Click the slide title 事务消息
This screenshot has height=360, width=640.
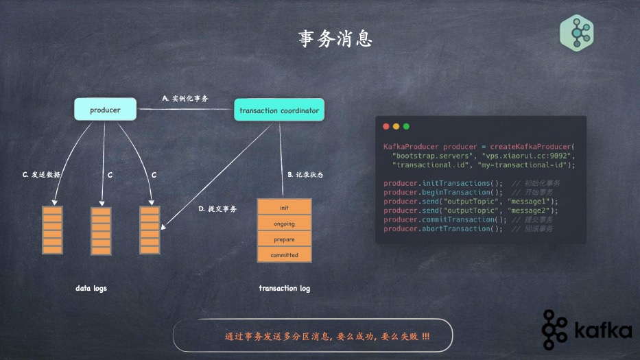coord(335,39)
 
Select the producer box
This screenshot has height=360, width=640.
coord(105,110)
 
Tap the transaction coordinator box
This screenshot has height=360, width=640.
coord(278,110)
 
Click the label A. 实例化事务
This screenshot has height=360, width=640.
coord(185,99)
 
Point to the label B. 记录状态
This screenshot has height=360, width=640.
coord(305,175)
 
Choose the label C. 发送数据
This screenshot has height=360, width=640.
coord(42,175)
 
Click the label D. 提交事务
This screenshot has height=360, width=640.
coord(217,208)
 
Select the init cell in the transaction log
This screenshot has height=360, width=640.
coord(284,207)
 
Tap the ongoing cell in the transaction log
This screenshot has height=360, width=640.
coord(284,224)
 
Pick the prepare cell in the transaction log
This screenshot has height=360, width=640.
coord(284,239)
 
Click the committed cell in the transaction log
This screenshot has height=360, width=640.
coord(284,255)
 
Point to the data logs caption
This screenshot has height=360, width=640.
coord(91,289)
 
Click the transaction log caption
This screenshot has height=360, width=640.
coord(284,289)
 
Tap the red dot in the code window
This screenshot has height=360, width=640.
coord(386,127)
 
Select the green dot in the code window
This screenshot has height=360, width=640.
coord(406,127)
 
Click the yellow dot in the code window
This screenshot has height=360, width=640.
coord(396,127)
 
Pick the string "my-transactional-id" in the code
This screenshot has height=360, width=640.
coord(525,165)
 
